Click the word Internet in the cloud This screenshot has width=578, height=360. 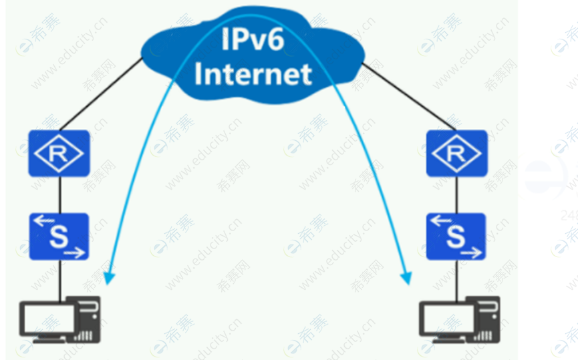click(x=253, y=73)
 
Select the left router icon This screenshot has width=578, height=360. click(x=59, y=153)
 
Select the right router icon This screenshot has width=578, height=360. click(x=456, y=153)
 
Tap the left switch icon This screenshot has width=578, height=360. click(x=59, y=236)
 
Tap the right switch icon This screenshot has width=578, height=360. click(x=456, y=236)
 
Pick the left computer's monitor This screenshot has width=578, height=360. click(x=47, y=319)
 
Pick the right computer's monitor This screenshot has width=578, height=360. click(x=444, y=319)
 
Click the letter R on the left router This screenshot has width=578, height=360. click(x=58, y=154)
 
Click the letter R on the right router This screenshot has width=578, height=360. click(x=456, y=154)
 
